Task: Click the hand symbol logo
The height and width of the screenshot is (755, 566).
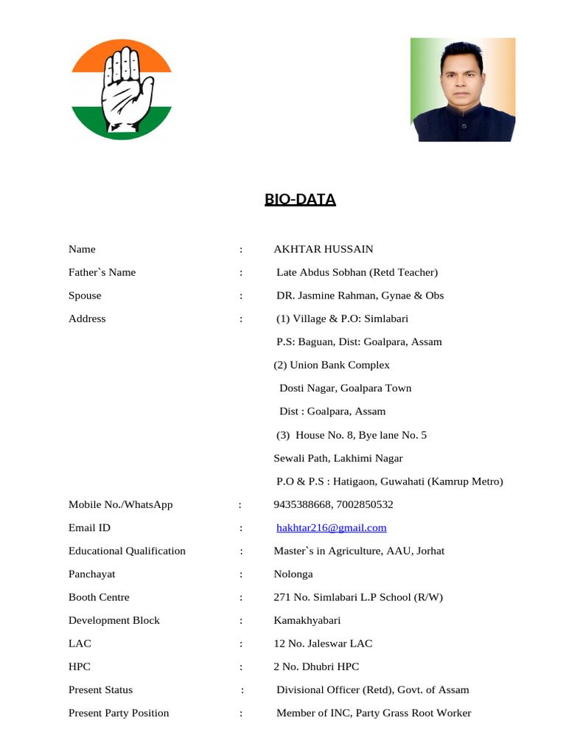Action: [x=122, y=89]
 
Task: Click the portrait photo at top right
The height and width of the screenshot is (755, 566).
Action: [x=463, y=89]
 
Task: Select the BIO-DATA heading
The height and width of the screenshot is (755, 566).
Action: [x=300, y=199]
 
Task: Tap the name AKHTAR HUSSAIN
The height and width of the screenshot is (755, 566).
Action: [x=324, y=249]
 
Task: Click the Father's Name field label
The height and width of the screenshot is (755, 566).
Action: [x=102, y=272]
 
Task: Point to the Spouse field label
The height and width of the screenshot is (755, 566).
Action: [x=85, y=296]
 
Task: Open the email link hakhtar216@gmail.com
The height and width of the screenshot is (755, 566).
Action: [x=332, y=528]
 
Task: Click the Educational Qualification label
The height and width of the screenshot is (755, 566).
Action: [x=127, y=551]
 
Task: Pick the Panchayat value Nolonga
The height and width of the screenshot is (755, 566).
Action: [x=293, y=574]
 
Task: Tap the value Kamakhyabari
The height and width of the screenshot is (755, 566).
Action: [x=307, y=620]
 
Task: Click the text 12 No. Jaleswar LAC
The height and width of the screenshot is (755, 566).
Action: [x=324, y=644]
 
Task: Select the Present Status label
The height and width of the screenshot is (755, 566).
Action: [x=101, y=690]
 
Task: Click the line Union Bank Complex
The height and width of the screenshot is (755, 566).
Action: [x=332, y=365]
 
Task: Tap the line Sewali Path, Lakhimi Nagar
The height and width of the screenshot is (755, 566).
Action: [x=338, y=458]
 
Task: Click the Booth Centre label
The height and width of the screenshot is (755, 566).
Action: [x=99, y=597]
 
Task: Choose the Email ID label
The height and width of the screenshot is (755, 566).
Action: [x=89, y=528]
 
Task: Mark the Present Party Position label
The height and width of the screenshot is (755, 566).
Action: [x=119, y=713]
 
